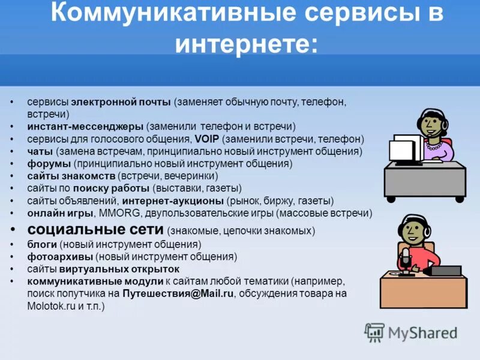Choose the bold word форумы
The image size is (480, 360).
[49, 164]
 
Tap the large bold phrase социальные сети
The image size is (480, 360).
[95, 230]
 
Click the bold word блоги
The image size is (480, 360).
[41, 244]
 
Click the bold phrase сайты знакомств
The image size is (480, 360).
[71, 176]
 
